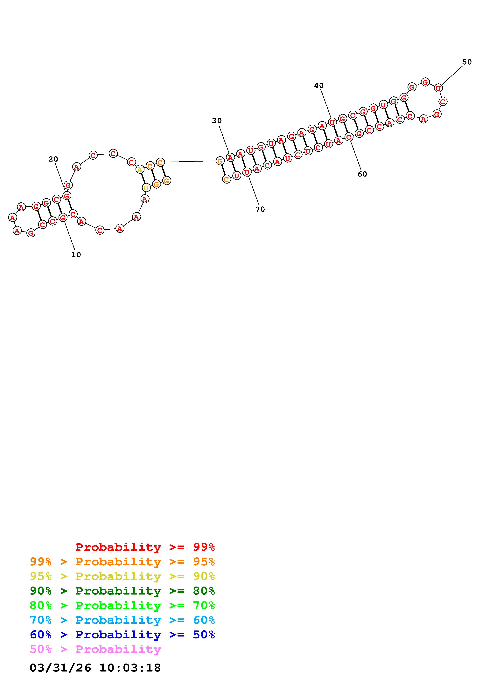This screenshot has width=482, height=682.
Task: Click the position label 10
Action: (76, 254)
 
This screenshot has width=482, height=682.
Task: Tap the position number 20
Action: (53, 159)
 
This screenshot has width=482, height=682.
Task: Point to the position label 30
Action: (217, 121)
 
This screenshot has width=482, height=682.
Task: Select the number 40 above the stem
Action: (319, 86)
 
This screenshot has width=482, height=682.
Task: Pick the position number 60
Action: (362, 174)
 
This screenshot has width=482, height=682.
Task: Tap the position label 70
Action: (260, 209)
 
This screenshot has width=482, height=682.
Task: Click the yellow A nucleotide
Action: (140, 170)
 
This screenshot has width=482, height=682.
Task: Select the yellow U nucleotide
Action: (146, 188)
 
